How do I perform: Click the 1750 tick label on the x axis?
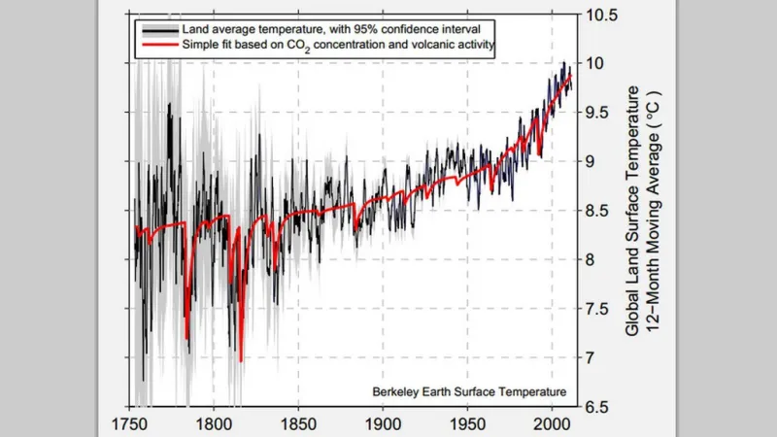pyautogui.click(x=130, y=424)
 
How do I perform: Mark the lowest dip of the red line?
pyautogui.click(x=240, y=360)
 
